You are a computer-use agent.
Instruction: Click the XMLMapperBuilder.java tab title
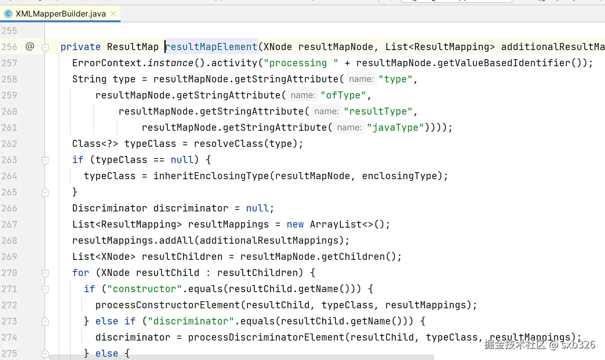pos(60,14)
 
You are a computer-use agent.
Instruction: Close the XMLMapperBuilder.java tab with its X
pos(113,14)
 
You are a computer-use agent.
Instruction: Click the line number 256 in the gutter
pos(9,47)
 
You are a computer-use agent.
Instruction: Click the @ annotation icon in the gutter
pos(30,46)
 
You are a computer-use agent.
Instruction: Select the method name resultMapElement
pos(211,47)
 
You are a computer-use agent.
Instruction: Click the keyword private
pos(80,47)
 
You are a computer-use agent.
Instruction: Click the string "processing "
pos(301,63)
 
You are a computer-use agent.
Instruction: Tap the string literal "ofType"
pos(343,95)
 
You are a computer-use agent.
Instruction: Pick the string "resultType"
pos(378,111)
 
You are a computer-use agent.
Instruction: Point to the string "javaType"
pos(395,127)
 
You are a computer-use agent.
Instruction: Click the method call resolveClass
pos(228,144)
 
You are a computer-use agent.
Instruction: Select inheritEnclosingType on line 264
pos(211,176)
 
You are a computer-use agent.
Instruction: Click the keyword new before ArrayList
pos(295,224)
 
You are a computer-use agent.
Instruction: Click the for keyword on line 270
pos(80,273)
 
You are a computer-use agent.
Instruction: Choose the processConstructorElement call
pos(167,305)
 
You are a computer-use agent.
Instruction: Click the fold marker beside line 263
pos(46,160)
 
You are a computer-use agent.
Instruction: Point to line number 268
pos(9,240)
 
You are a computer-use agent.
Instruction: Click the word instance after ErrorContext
pos(170,63)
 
